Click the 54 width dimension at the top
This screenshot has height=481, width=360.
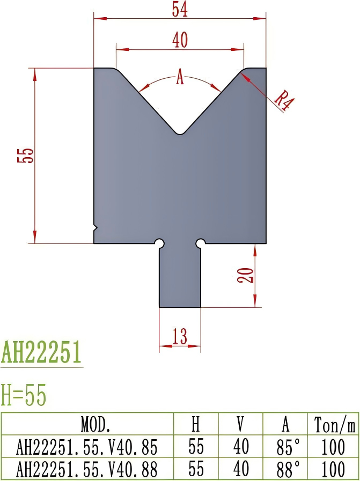(x=180, y=9)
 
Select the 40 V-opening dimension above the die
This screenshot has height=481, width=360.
(x=180, y=40)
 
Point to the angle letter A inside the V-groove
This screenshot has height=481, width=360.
(x=180, y=79)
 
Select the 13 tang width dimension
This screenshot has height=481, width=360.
(x=180, y=337)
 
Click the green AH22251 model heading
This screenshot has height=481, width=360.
(x=41, y=353)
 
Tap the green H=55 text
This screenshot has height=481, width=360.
(x=24, y=396)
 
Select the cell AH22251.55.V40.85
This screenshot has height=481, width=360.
(x=87, y=447)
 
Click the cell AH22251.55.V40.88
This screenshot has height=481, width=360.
(x=87, y=469)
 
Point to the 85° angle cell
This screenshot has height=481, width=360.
(x=285, y=447)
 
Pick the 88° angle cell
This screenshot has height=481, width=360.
(x=285, y=469)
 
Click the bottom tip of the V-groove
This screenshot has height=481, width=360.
(x=180, y=133)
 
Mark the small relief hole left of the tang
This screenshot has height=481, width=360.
(x=159, y=243)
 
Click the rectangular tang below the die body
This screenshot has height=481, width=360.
(x=180, y=276)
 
